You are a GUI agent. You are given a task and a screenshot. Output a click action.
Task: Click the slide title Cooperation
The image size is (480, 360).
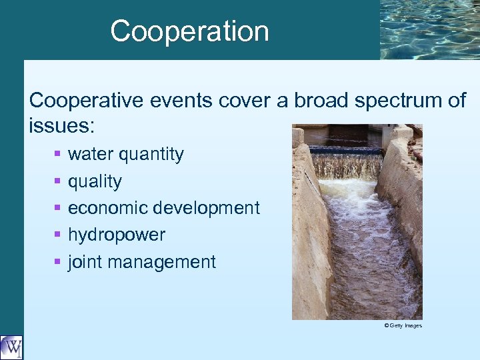[x=189, y=31]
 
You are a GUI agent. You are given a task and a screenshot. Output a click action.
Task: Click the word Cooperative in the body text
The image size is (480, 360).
[x=81, y=101]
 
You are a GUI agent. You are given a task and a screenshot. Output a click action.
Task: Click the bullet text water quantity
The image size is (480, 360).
[x=125, y=154]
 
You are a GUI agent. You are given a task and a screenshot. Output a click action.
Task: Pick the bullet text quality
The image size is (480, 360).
[x=95, y=181]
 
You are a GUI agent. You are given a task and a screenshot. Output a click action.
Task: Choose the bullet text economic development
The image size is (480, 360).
[x=163, y=208]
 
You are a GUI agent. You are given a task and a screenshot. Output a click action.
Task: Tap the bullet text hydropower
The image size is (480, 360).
[x=117, y=235]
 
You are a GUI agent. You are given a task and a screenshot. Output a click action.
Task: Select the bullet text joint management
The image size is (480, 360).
[x=141, y=262]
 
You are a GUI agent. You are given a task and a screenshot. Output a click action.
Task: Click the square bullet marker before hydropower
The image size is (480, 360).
[x=58, y=235]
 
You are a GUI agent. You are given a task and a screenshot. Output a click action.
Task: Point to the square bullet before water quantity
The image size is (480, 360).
[x=58, y=155]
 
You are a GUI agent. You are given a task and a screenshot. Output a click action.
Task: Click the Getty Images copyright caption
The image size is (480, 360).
[x=403, y=325]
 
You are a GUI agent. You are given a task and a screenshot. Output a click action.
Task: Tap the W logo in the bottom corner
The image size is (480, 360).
[x=11, y=347]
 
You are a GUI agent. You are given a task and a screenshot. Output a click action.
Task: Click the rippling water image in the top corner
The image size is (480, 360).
[x=429, y=29]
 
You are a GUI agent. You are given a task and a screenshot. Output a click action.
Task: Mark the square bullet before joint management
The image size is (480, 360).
[x=58, y=263]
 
